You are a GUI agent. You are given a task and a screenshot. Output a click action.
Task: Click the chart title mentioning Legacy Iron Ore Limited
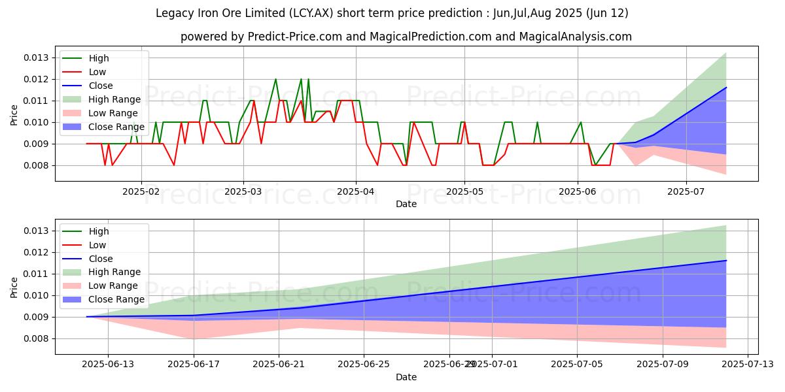point(392,13)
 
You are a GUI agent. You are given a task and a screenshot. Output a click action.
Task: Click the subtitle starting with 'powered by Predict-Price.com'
point(406,37)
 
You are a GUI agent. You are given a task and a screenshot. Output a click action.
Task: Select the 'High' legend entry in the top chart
point(99,58)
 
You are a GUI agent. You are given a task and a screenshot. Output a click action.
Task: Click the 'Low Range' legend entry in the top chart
point(113,113)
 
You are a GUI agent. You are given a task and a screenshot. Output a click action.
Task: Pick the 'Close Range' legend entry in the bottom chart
point(116,299)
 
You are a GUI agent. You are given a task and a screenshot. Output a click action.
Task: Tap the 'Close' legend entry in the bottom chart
point(101,259)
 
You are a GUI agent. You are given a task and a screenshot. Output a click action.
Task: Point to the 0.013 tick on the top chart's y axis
point(37,57)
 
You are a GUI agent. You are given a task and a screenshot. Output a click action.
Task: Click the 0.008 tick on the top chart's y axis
point(37,165)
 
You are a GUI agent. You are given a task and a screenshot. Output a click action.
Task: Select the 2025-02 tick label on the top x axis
point(141,192)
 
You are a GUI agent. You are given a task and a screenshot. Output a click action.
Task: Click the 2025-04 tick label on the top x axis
point(356,192)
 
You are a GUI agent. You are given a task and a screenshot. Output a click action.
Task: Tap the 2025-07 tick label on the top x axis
point(686,192)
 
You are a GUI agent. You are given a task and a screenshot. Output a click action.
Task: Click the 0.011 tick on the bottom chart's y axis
point(37,274)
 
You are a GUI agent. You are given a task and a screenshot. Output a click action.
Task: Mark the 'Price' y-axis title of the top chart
point(14,115)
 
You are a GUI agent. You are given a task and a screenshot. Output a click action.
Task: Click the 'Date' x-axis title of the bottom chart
point(406,377)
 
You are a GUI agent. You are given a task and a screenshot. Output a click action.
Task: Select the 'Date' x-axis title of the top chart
point(406,204)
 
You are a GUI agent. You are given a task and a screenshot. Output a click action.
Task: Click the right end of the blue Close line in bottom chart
point(726,260)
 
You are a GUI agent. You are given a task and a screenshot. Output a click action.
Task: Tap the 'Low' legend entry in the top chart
point(97,72)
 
